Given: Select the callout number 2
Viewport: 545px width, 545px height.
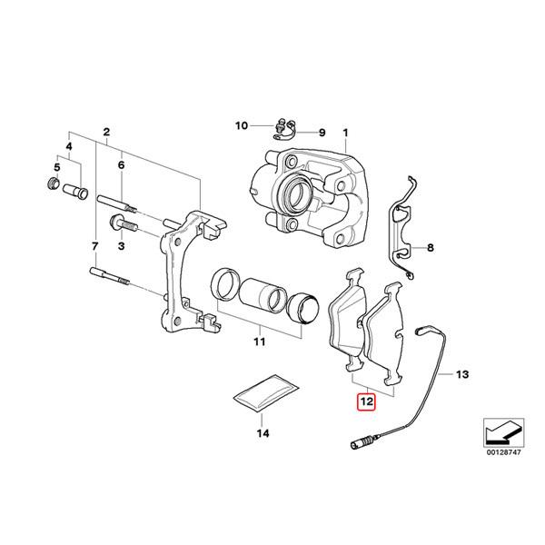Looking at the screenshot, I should coord(107,132).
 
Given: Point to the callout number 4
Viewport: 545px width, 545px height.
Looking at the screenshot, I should coord(68,145).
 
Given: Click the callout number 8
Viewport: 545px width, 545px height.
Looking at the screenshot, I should coord(431,247).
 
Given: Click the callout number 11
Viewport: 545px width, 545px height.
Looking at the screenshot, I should coord(258,342).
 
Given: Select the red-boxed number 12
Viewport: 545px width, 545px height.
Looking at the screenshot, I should coord(366,400).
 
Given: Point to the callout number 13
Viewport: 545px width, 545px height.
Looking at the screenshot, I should coord(461,373).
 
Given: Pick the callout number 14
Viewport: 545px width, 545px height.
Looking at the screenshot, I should coord(263,435).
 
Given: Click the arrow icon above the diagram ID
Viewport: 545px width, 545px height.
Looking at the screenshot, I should coord(501,426).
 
